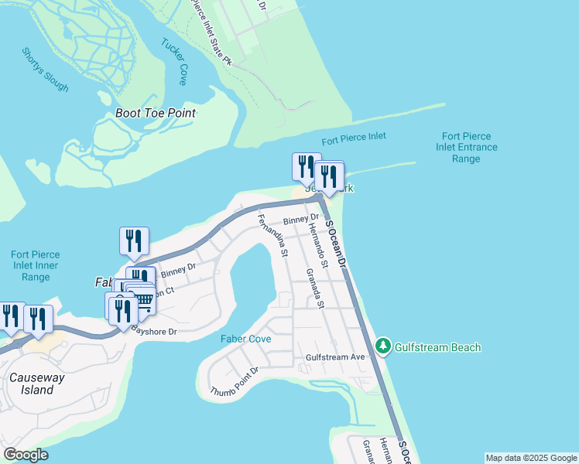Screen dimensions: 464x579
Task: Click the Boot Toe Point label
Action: click(155, 113)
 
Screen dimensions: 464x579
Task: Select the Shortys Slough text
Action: click(45, 70)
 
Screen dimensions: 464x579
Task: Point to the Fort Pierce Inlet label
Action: click(354, 138)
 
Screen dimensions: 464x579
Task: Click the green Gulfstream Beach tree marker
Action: click(382, 346)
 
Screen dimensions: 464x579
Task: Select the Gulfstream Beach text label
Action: click(438, 347)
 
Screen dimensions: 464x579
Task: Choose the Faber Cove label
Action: click(245, 339)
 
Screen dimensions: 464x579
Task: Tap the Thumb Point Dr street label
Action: click(233, 381)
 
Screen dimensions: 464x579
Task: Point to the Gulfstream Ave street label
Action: click(335, 357)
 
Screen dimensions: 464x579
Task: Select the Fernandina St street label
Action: click(272, 235)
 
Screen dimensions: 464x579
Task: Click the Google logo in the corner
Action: click(26, 455)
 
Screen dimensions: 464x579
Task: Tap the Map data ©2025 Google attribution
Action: click(530, 458)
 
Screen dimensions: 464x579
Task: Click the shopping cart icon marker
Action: click(144, 300)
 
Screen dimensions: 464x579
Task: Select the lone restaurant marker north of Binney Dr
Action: click(134, 241)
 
